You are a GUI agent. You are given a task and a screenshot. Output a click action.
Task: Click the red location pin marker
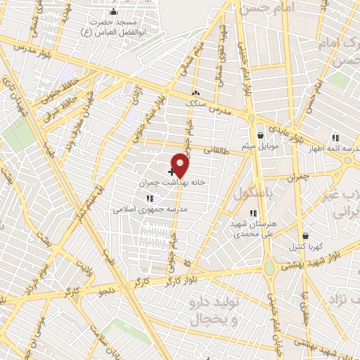(181, 165)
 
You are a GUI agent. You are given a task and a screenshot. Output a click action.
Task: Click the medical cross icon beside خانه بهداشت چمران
(171, 171)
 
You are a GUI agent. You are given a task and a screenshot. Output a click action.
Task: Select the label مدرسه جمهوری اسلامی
(147, 209)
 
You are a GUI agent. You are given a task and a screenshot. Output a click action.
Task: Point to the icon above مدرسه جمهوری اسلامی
(148, 199)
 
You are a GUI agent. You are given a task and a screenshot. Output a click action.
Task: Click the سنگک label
(196, 103)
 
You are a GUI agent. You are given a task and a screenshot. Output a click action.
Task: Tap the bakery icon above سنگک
(195, 94)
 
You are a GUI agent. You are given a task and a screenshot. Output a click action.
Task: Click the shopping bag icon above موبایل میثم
(260, 135)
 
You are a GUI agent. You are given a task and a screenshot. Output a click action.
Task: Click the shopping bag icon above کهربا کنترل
(304, 236)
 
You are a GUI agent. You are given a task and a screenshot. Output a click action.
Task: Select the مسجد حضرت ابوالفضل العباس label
(115, 26)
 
